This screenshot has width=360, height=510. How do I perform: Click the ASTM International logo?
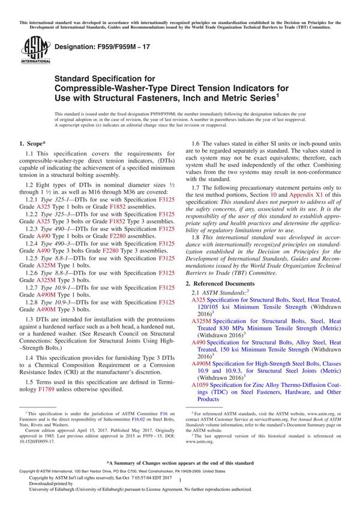pyautogui.click(x=31, y=49)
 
